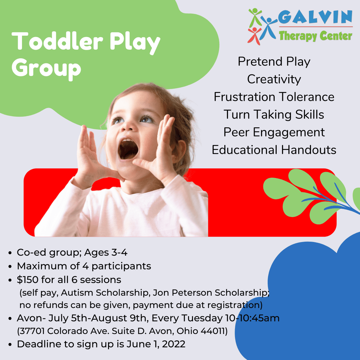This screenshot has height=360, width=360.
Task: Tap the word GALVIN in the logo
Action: [x=315, y=17]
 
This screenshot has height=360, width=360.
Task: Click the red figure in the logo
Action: [x=254, y=35]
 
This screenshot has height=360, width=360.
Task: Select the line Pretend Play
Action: [x=274, y=62]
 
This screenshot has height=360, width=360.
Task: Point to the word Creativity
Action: [x=274, y=79]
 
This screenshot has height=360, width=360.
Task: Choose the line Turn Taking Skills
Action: [x=274, y=115]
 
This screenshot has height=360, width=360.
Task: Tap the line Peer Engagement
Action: [x=274, y=132]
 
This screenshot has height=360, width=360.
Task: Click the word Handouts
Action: [x=309, y=150]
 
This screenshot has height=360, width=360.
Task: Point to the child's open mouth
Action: [x=128, y=149]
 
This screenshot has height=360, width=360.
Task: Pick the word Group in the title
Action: [x=47, y=68]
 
